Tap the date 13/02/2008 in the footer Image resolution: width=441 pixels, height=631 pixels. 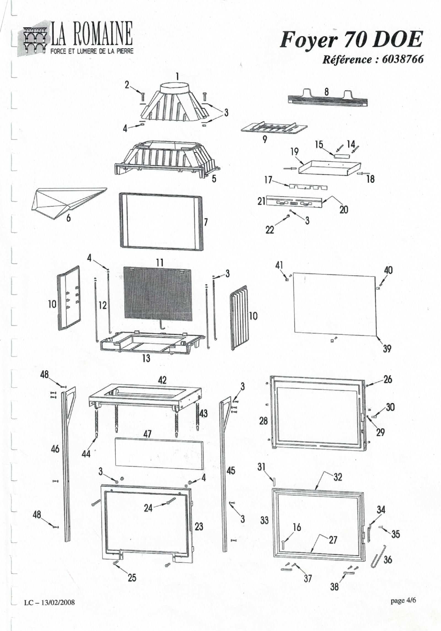[x=58, y=602]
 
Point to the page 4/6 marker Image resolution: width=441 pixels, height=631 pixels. [x=403, y=601]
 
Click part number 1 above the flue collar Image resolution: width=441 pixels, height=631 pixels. [x=177, y=76]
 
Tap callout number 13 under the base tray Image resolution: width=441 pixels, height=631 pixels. [x=146, y=358]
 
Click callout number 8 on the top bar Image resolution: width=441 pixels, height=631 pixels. [x=326, y=91]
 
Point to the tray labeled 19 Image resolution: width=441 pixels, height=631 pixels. [x=329, y=167]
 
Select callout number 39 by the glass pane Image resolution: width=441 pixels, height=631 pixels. [x=387, y=348]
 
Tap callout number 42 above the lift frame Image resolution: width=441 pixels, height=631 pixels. [x=162, y=380]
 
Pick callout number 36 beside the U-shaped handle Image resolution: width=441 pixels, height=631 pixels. [x=388, y=559]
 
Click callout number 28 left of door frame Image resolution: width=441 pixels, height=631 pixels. [x=263, y=421]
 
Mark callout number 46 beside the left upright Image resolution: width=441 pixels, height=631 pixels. [x=55, y=448]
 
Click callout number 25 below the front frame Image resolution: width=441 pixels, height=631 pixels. [x=132, y=578]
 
